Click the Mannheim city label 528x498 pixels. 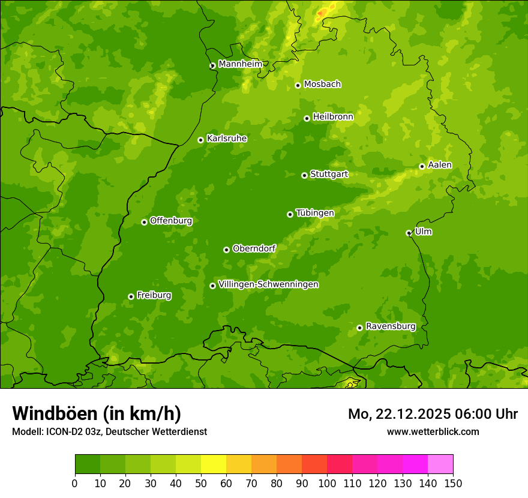(x=240, y=64)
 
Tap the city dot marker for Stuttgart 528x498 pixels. (x=304, y=175)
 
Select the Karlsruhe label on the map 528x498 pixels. (x=226, y=139)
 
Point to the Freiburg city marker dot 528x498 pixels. (x=131, y=296)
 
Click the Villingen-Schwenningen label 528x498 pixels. (x=268, y=284)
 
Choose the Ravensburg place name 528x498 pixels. (x=390, y=326)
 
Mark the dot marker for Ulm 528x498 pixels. (x=409, y=233)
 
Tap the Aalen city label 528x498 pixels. (x=440, y=165)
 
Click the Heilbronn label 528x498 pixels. (x=333, y=117)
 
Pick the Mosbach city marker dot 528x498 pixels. (x=298, y=85)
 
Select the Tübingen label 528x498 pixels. (x=314, y=213)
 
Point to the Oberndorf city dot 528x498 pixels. (x=226, y=250)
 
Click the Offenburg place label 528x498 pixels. (x=171, y=221)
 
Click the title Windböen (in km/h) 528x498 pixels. (x=96, y=413)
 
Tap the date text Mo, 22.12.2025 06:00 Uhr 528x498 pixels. (x=433, y=414)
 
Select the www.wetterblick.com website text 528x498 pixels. (x=433, y=431)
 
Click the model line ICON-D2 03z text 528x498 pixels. (x=109, y=431)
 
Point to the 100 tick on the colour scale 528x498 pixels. (x=327, y=483)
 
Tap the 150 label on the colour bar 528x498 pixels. (x=453, y=483)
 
